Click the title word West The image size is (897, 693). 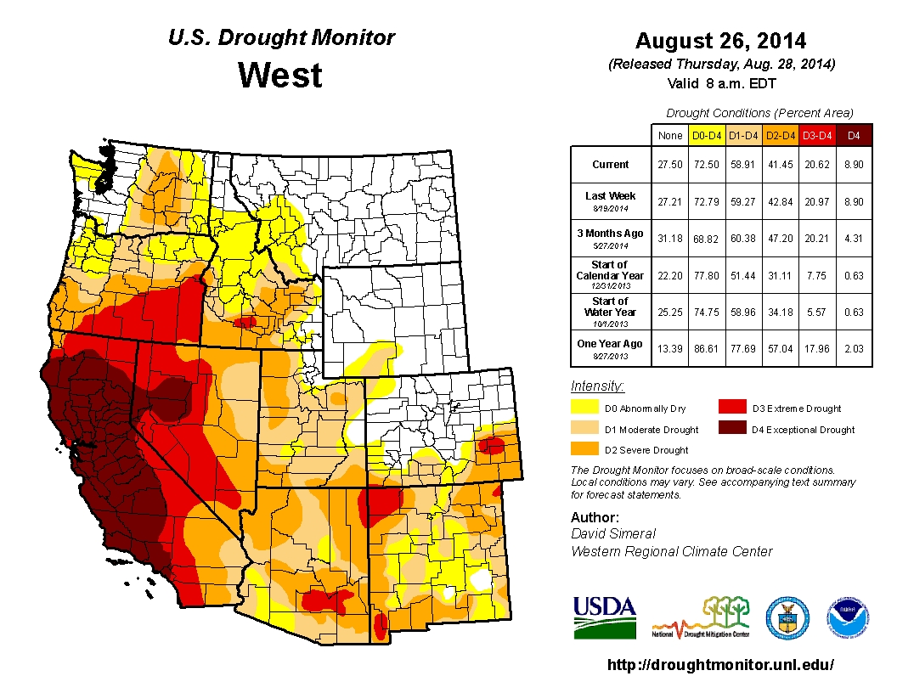click(x=280, y=76)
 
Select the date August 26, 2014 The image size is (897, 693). click(x=721, y=41)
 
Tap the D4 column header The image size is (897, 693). click(x=855, y=134)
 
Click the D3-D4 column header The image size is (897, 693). click(x=818, y=134)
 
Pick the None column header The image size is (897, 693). click(x=669, y=134)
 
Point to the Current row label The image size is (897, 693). click(x=611, y=165)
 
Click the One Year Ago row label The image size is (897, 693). click(x=611, y=344)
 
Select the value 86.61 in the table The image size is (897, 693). click(x=707, y=347)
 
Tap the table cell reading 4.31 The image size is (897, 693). click(x=855, y=237)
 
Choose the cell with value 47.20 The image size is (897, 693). click(x=781, y=237)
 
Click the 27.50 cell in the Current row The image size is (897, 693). click(x=669, y=165)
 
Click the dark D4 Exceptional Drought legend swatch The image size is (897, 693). click(x=731, y=429)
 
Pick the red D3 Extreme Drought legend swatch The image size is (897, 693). click(x=731, y=408)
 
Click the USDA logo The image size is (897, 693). click(x=605, y=617)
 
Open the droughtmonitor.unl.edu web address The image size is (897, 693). click(x=721, y=665)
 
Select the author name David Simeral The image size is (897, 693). click(x=613, y=533)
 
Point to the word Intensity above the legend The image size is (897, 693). click(x=598, y=386)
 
